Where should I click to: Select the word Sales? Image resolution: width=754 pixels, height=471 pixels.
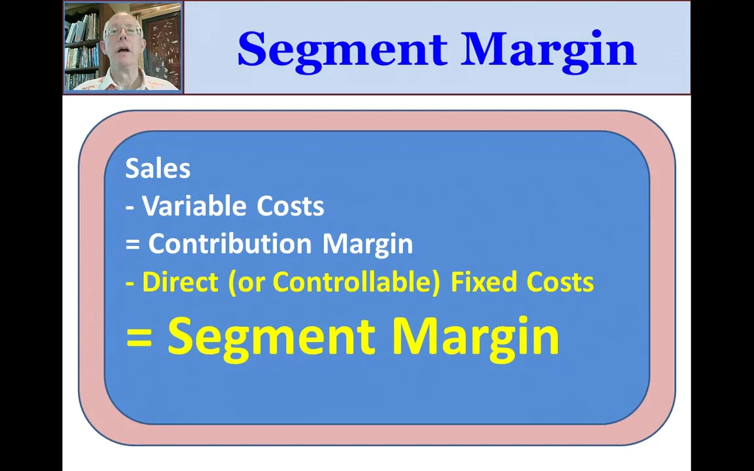tap(158, 169)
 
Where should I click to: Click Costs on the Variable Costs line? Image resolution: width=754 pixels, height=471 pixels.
tap(290, 206)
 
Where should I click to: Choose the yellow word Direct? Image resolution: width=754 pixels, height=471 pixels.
tap(180, 282)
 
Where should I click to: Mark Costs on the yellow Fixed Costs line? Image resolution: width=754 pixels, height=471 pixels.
tap(560, 282)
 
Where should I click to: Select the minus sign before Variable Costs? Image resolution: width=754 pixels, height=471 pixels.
tap(130, 207)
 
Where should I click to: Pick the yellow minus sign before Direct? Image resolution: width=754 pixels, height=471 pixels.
tap(130, 283)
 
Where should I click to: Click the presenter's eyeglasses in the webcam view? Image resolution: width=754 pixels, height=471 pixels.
tap(122, 31)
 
